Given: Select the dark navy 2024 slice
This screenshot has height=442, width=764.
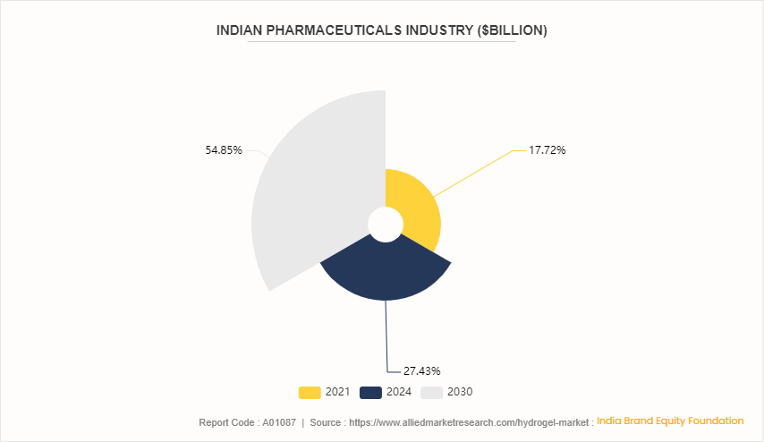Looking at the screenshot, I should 386,273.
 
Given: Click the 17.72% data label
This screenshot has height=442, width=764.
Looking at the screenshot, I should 547,150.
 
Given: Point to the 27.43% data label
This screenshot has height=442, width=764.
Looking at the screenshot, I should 422,370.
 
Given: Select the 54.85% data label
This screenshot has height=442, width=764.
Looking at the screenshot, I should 224,150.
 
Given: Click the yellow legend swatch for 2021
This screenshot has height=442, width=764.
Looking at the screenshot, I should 310,392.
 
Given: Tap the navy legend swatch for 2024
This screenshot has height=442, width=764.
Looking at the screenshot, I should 370,392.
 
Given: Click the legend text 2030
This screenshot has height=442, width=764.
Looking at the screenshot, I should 460,392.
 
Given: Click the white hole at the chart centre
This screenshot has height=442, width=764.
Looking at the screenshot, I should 386,224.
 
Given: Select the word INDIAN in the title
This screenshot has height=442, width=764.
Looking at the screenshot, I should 241,30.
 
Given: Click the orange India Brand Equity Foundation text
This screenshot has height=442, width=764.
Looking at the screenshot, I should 670,421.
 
